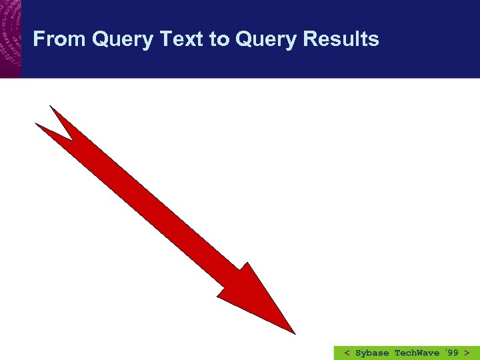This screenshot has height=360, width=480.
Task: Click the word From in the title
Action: (x=60, y=39)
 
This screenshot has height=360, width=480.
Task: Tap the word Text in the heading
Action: (x=182, y=39)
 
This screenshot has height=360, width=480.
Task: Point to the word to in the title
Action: (x=219, y=40)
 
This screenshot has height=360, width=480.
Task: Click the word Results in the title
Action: (x=341, y=39)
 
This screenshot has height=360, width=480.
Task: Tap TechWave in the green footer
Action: (x=417, y=353)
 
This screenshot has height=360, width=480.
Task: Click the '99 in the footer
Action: (x=451, y=353)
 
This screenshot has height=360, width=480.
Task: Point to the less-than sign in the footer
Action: (x=347, y=353)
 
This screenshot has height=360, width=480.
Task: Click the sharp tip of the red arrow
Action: (x=294, y=333)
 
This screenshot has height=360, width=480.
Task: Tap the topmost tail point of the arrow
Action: (x=51, y=106)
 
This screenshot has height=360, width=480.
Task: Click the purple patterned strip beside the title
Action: (x=10, y=39)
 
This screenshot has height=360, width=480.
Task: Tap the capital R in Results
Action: (x=309, y=39)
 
